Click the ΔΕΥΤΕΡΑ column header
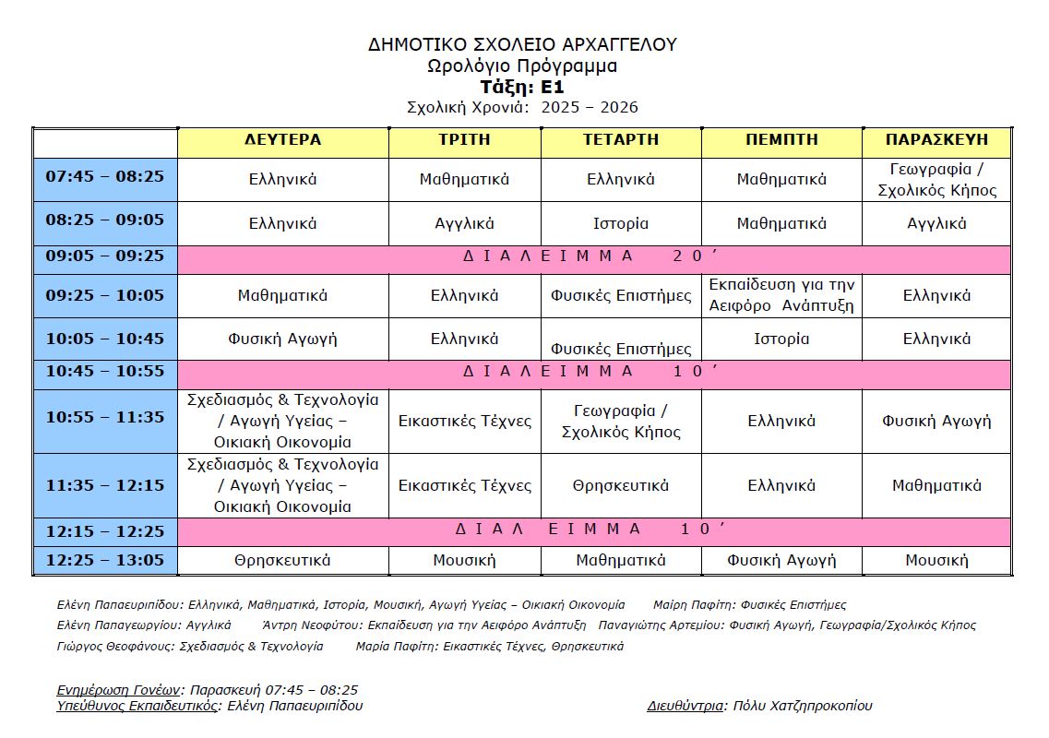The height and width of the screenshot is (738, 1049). (x=282, y=140)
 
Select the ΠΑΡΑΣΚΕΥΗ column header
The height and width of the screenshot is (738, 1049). (x=936, y=140)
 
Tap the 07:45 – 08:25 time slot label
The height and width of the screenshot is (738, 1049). (x=104, y=176)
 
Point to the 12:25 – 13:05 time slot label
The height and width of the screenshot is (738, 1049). (x=104, y=560)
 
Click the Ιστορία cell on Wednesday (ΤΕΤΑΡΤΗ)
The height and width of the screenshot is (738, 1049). (x=620, y=223)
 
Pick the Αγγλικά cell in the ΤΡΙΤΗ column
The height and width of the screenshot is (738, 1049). (x=464, y=223)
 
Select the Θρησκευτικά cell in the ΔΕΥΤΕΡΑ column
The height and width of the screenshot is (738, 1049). (x=282, y=560)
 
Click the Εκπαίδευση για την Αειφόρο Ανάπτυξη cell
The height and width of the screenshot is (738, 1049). (x=781, y=295)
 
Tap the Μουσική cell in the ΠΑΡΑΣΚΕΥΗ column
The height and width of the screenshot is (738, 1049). (x=936, y=560)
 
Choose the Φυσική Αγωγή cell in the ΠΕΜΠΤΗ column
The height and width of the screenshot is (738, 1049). (x=781, y=560)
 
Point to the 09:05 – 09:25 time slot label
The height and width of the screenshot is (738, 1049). (x=104, y=256)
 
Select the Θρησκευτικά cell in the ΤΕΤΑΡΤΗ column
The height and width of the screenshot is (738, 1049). (x=620, y=485)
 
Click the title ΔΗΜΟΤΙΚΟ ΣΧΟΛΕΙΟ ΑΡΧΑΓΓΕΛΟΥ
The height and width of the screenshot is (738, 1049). (x=522, y=44)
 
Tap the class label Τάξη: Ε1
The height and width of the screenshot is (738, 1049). (x=522, y=87)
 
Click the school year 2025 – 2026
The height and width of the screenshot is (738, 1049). (x=590, y=107)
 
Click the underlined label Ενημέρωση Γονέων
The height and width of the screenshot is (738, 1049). (x=117, y=689)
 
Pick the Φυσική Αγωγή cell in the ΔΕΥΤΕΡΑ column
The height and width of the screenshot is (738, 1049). (x=282, y=339)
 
